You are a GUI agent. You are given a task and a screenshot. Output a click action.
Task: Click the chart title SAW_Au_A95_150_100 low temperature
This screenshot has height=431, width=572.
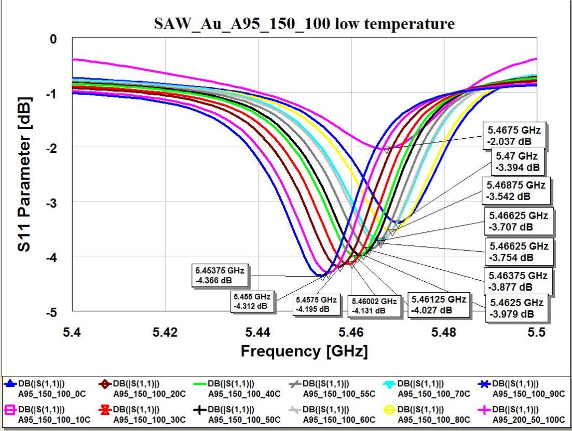pyautogui.click(x=304, y=23)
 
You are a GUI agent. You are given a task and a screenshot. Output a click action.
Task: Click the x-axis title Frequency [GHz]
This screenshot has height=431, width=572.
pyautogui.click(x=304, y=351)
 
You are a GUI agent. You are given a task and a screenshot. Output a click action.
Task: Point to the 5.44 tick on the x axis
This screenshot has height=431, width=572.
pyautogui.click(x=258, y=331)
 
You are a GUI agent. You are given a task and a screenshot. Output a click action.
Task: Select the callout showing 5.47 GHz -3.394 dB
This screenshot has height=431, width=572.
pyautogui.click(x=516, y=162)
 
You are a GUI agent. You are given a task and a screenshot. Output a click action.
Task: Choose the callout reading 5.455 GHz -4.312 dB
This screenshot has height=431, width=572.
pyautogui.click(x=252, y=301)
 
